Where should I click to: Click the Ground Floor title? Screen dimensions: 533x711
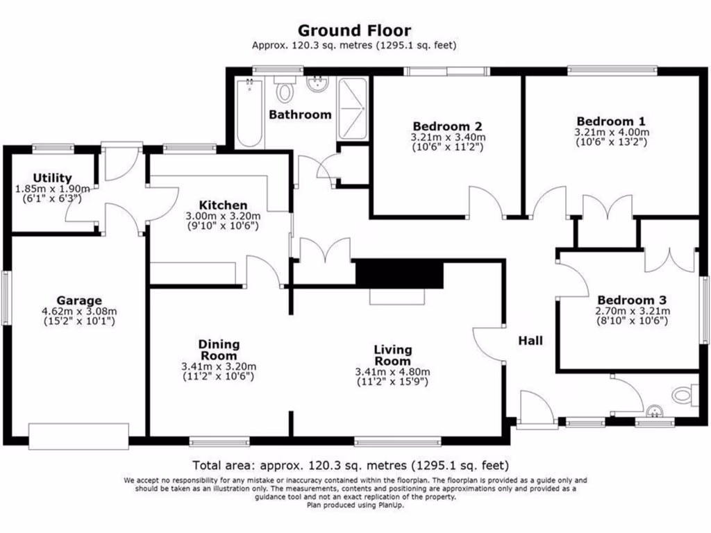(x=354, y=31)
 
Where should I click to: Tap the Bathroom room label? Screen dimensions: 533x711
(x=300, y=115)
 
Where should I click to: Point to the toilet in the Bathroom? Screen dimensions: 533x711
(x=284, y=90)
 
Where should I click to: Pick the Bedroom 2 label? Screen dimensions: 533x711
(x=447, y=126)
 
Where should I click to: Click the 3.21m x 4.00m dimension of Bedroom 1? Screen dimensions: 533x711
(x=611, y=132)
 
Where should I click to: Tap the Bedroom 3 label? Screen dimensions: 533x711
(x=632, y=301)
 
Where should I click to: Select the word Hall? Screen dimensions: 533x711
(x=530, y=341)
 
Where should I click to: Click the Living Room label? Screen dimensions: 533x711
(x=392, y=355)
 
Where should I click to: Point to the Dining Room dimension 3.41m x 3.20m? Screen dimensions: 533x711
(x=219, y=366)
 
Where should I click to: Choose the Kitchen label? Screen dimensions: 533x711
(x=223, y=205)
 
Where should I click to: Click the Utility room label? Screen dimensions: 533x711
(x=52, y=178)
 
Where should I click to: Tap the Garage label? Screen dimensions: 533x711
(x=78, y=301)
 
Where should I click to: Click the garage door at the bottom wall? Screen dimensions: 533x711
(x=78, y=435)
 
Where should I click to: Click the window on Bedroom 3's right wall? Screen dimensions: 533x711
(x=704, y=310)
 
